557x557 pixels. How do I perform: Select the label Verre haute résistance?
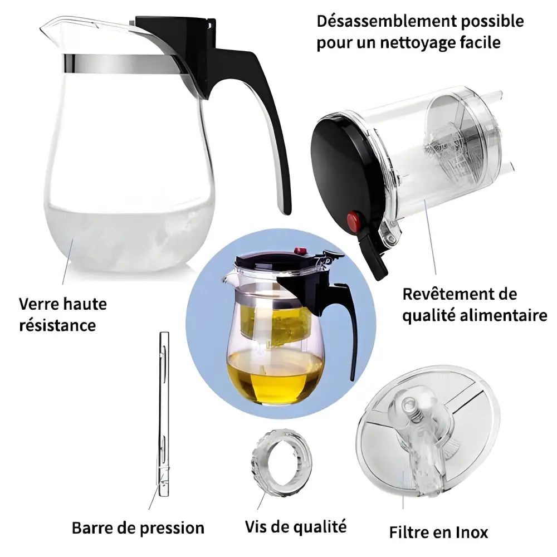(x=63, y=314)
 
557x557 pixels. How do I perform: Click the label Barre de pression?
(x=138, y=527)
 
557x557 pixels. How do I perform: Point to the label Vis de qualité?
(x=295, y=526)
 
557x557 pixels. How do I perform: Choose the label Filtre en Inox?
(x=438, y=532)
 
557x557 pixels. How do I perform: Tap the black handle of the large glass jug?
(x=267, y=111)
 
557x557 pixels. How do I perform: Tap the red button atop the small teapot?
(x=301, y=252)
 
